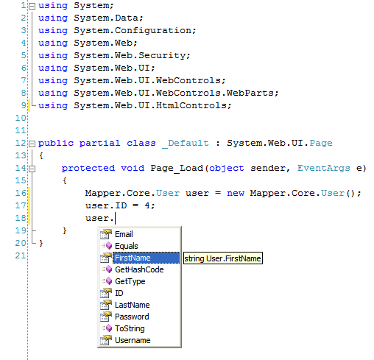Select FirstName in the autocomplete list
[x=133, y=258]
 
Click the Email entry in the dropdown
[x=124, y=234]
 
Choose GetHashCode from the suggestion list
[x=139, y=269]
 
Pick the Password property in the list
[x=132, y=317]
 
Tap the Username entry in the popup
[x=133, y=340]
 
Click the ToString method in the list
[x=130, y=328]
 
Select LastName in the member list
[x=133, y=305]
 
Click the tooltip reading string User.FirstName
[x=223, y=258]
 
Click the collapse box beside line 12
[x=32, y=144]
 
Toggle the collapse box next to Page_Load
[x=32, y=169]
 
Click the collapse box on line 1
[x=32, y=6]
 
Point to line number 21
[x=21, y=255]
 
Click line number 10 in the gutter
[x=21, y=118]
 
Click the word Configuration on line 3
[x=153, y=31]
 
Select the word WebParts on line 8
[x=250, y=93]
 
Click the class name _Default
[x=186, y=144]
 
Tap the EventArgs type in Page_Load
[x=324, y=169]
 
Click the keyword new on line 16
[x=236, y=194]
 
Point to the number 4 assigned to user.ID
[x=147, y=205]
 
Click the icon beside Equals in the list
[x=106, y=246]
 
